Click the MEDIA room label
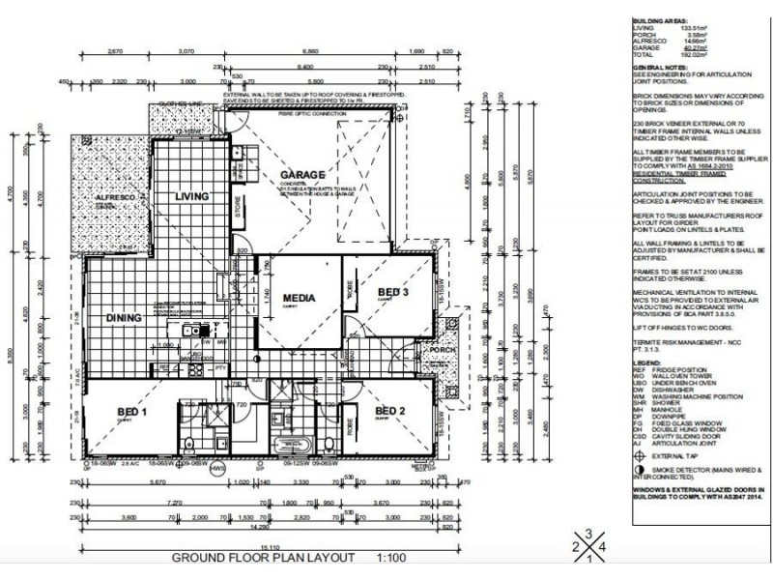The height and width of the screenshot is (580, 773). (x=301, y=299)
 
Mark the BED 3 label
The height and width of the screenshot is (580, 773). (x=393, y=292)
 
